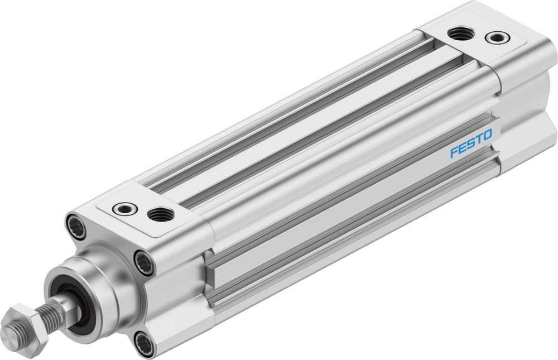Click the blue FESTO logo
click(x=471, y=143)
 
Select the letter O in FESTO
click(x=487, y=135)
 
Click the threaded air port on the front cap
click(x=161, y=214)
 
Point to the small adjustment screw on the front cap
click(x=125, y=209)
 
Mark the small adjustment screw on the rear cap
click(x=497, y=38)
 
